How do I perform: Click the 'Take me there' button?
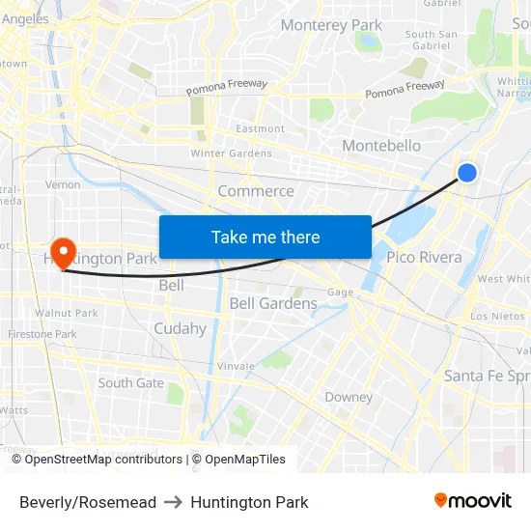coord(265,237)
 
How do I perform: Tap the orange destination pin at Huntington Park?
coord(63,253)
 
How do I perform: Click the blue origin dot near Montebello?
coord(466,173)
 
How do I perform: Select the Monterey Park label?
coord(331,25)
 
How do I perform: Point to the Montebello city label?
coord(381,146)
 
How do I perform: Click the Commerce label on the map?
coord(256,191)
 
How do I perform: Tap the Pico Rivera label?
coord(424,257)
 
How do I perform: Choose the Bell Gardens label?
coord(273,303)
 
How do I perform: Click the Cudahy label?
coord(180,328)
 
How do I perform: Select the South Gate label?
coord(130,383)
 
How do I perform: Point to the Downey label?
coord(349,397)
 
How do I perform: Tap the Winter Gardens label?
coord(231,154)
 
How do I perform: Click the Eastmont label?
coord(261,128)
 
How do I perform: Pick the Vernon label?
coord(63,184)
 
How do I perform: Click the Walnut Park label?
coord(67,313)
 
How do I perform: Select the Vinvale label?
coord(236,366)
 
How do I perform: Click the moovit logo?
coord(472,501)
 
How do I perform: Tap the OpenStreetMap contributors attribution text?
coord(103,460)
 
